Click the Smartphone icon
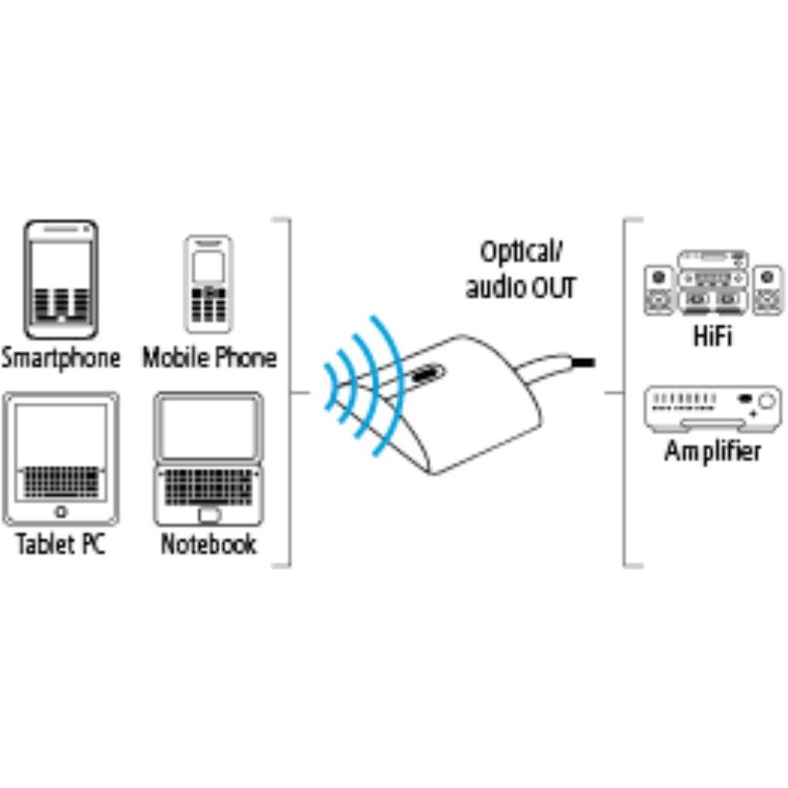[x=60, y=280]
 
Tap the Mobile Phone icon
[x=208, y=284]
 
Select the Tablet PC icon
[x=60, y=459]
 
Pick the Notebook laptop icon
[x=208, y=459]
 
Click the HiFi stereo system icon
[x=713, y=283]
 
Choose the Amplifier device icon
[x=713, y=409]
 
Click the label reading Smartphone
[x=60, y=358]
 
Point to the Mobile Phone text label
[x=209, y=358]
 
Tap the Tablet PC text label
[x=60, y=543]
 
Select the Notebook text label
[x=208, y=544]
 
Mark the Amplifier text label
[x=713, y=451]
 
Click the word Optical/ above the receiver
[x=521, y=253]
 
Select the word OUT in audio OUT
[x=553, y=288]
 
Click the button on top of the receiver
[x=427, y=373]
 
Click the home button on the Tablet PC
[x=60, y=512]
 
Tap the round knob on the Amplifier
[x=767, y=401]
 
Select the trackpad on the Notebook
[x=209, y=515]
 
